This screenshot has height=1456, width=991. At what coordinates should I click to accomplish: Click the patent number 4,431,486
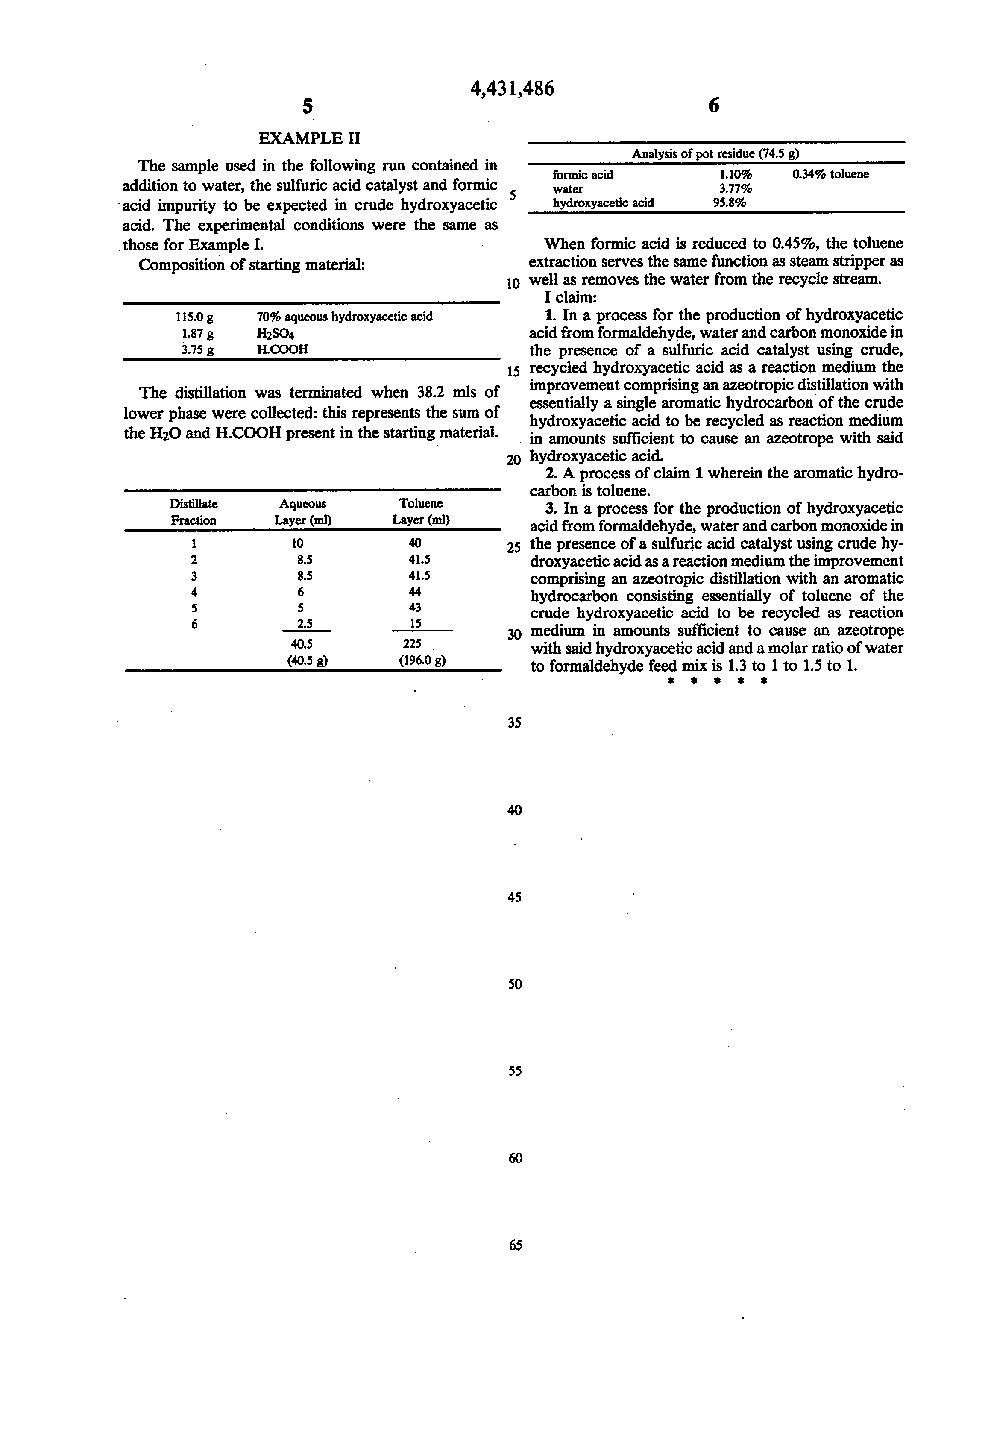(x=512, y=89)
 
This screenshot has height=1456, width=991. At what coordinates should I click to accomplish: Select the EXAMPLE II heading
(x=309, y=138)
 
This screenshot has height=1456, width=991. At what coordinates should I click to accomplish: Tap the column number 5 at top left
(x=307, y=106)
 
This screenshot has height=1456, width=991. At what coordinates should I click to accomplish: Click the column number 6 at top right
(x=713, y=106)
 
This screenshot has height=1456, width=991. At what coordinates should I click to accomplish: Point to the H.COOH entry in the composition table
(x=282, y=349)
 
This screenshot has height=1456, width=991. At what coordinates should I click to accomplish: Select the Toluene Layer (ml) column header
(x=420, y=511)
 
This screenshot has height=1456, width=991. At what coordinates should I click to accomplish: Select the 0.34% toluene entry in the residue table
(x=831, y=175)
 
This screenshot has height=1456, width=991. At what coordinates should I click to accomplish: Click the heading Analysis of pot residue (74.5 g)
(x=715, y=153)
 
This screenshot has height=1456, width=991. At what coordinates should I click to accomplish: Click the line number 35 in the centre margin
(x=514, y=723)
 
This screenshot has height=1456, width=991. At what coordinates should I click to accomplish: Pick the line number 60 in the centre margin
(x=515, y=1158)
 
